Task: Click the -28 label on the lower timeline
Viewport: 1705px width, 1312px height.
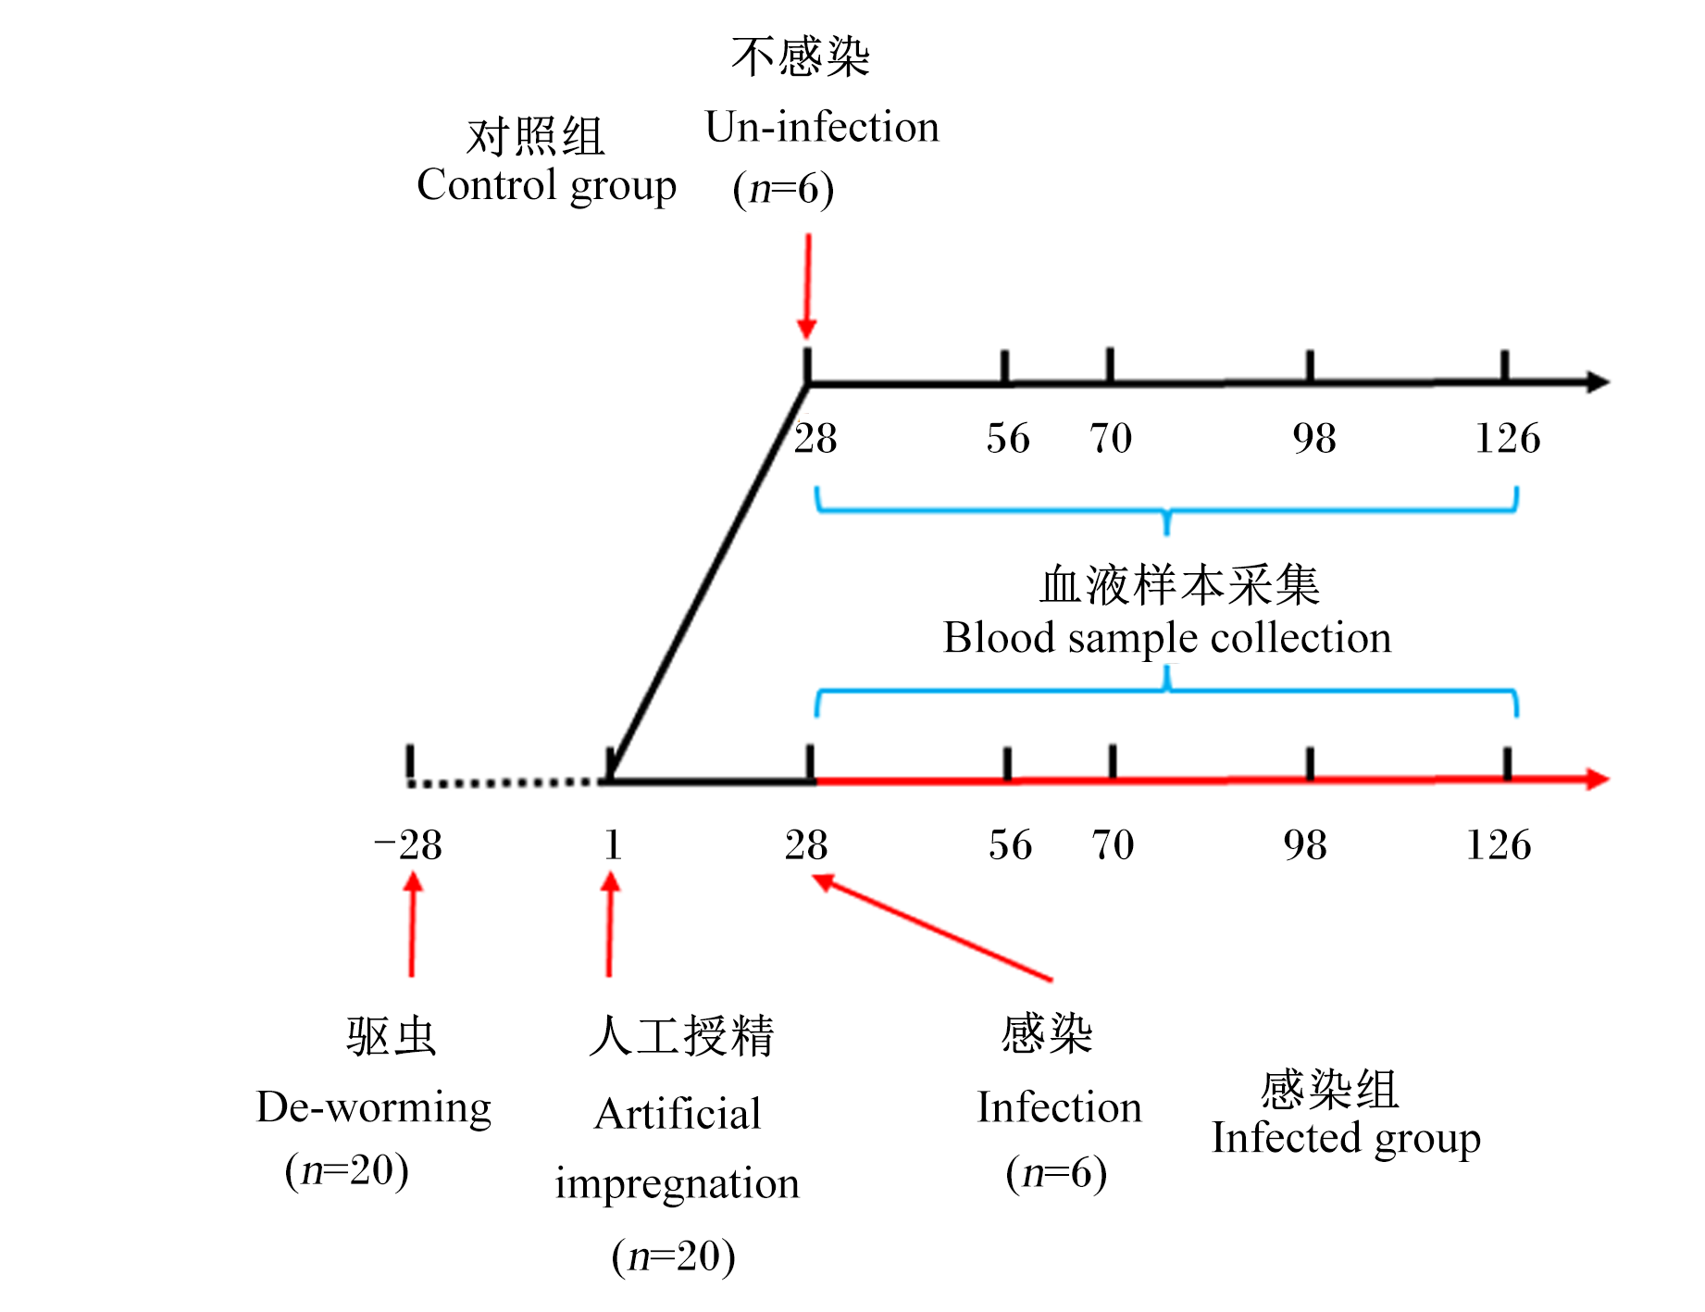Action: [x=407, y=845]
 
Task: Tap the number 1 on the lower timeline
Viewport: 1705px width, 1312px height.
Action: [x=613, y=845]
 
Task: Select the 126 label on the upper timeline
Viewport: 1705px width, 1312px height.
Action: [x=1507, y=439]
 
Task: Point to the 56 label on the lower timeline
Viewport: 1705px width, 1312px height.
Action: [x=1010, y=845]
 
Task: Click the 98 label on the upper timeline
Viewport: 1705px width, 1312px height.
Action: [x=1314, y=439]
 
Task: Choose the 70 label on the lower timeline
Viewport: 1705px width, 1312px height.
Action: [x=1113, y=845]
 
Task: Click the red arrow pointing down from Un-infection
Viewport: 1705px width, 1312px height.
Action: [x=807, y=286]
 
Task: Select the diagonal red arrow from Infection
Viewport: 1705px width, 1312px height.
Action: [x=932, y=927]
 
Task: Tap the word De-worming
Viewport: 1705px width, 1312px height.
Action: [x=374, y=1108]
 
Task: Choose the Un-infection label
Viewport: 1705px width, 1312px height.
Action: [x=822, y=128]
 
